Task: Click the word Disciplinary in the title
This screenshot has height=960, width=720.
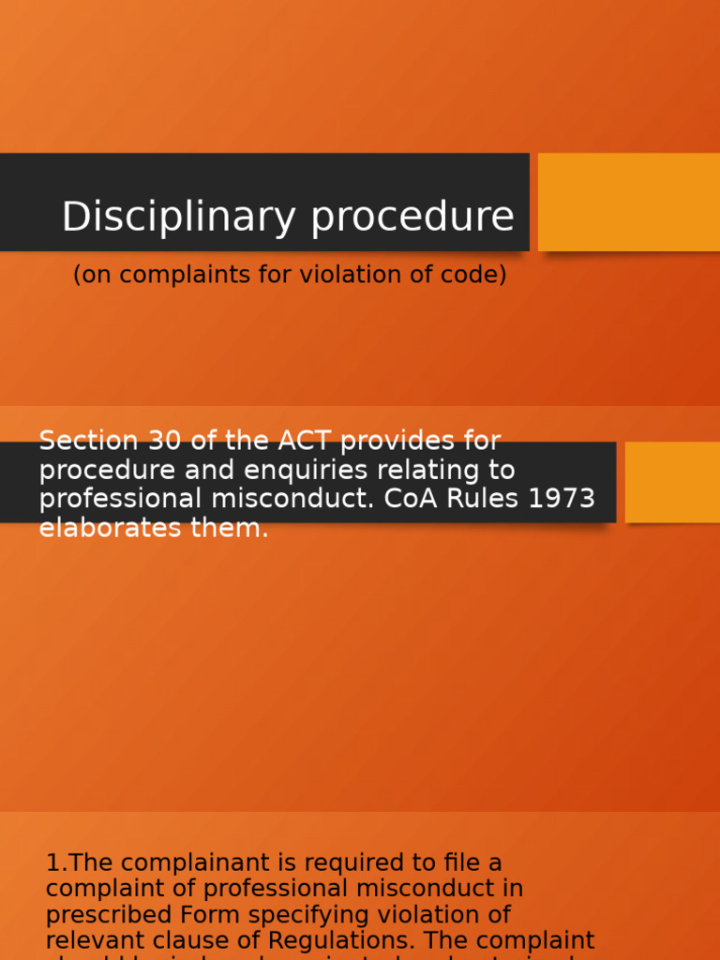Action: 179,217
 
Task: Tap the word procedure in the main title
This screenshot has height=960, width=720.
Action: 412,217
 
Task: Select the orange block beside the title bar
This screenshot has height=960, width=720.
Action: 628,202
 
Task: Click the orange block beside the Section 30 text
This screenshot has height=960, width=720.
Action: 672,482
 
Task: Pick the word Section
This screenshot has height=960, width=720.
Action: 88,441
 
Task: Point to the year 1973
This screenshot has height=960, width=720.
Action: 562,499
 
